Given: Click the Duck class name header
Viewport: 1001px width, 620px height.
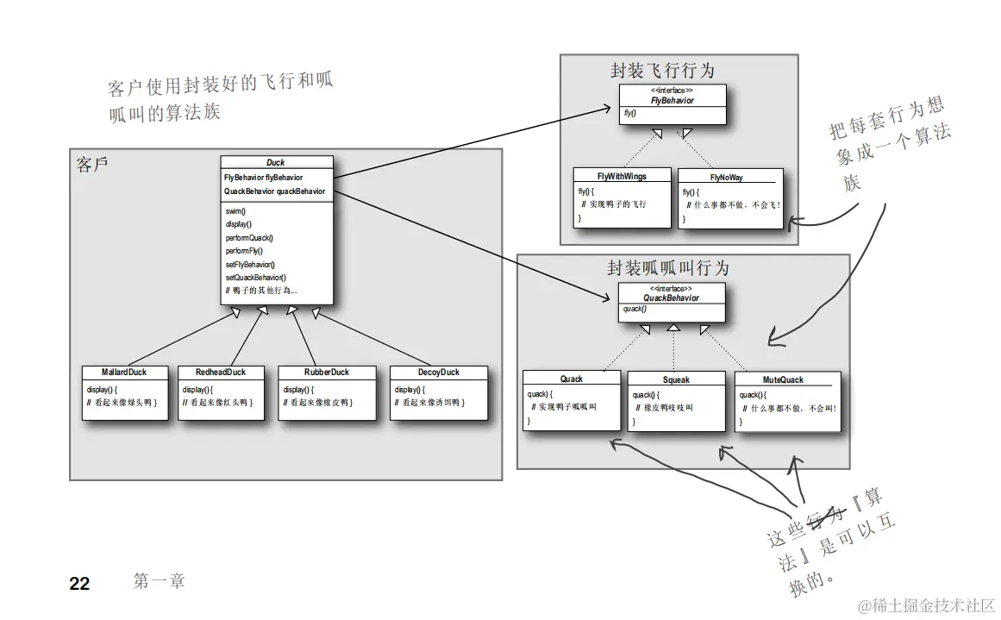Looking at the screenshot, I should (x=276, y=162).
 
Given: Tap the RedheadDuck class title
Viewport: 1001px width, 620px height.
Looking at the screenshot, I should (x=220, y=373).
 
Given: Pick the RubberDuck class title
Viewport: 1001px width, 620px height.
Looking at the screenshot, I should (x=327, y=373).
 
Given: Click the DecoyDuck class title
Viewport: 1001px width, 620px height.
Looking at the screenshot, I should (x=438, y=373).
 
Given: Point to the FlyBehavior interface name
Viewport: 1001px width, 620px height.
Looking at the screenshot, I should (x=672, y=100).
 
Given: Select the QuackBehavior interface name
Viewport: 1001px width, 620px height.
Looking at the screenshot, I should (x=672, y=297).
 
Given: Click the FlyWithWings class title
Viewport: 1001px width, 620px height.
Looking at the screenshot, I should (x=622, y=177).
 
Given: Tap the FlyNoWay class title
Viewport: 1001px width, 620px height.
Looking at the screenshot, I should (x=726, y=178).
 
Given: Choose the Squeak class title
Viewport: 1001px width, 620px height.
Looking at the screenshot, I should (x=676, y=379).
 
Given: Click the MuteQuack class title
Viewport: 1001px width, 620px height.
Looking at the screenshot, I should (x=783, y=379).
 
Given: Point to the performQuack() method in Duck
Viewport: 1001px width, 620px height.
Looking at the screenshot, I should (x=249, y=237).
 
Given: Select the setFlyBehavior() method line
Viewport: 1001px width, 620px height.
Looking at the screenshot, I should (x=250, y=264).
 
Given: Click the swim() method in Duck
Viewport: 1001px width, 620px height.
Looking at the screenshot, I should (x=235, y=210).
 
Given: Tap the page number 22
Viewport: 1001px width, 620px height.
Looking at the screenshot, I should (x=79, y=584).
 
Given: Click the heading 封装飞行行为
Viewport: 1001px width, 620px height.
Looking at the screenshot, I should (x=662, y=71).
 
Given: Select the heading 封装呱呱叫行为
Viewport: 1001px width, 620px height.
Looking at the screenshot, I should (x=668, y=268).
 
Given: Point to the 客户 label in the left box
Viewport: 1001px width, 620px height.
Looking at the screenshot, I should (x=92, y=165).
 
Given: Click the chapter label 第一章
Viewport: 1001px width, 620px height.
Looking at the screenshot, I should (x=160, y=581).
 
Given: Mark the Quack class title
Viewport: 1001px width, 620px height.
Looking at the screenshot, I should (x=571, y=379).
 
